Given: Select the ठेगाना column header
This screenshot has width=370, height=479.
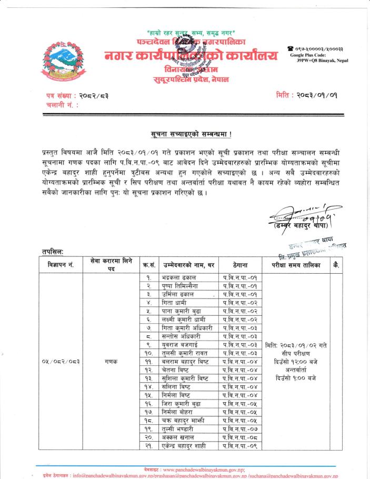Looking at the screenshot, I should pyautogui.click(x=239, y=266).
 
